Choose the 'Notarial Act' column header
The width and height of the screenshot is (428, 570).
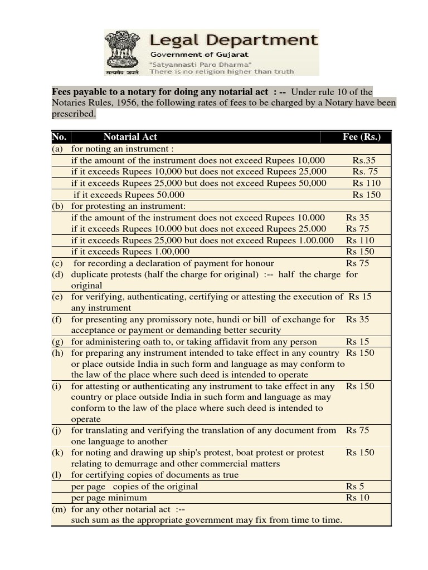[x=130, y=136]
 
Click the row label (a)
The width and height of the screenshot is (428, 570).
[x=57, y=149]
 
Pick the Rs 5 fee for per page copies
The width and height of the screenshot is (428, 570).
[x=355, y=486]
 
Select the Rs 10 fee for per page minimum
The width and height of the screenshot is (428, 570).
[x=357, y=498]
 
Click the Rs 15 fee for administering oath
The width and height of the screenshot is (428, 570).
[x=357, y=341]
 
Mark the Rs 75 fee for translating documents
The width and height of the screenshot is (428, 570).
[x=357, y=430]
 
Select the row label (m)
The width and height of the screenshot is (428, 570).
[x=59, y=509]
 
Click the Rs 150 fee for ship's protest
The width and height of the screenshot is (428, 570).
[x=360, y=452]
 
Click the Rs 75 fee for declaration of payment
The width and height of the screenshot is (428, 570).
[x=357, y=263]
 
